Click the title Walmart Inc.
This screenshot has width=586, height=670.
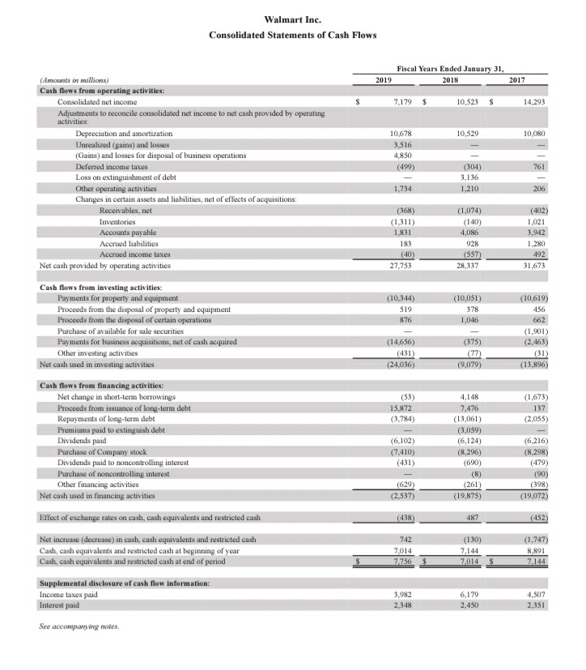292,19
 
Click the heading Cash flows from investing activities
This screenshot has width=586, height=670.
100,288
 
